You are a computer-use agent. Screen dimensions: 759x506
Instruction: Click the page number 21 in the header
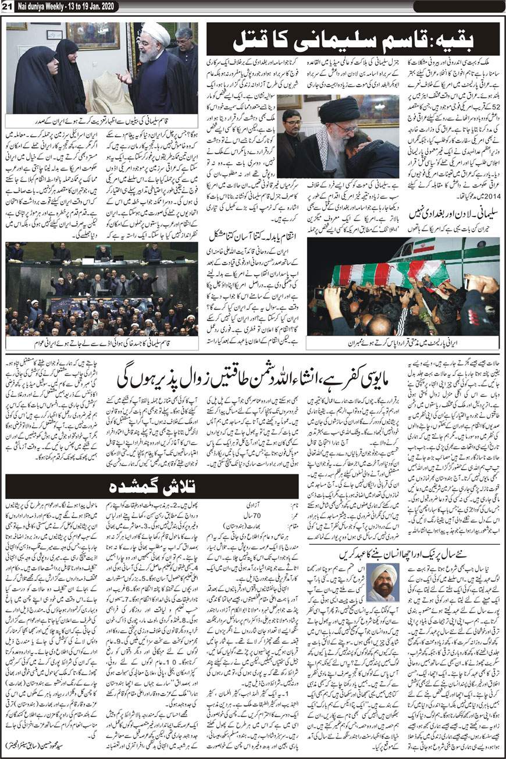pos(8,6)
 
